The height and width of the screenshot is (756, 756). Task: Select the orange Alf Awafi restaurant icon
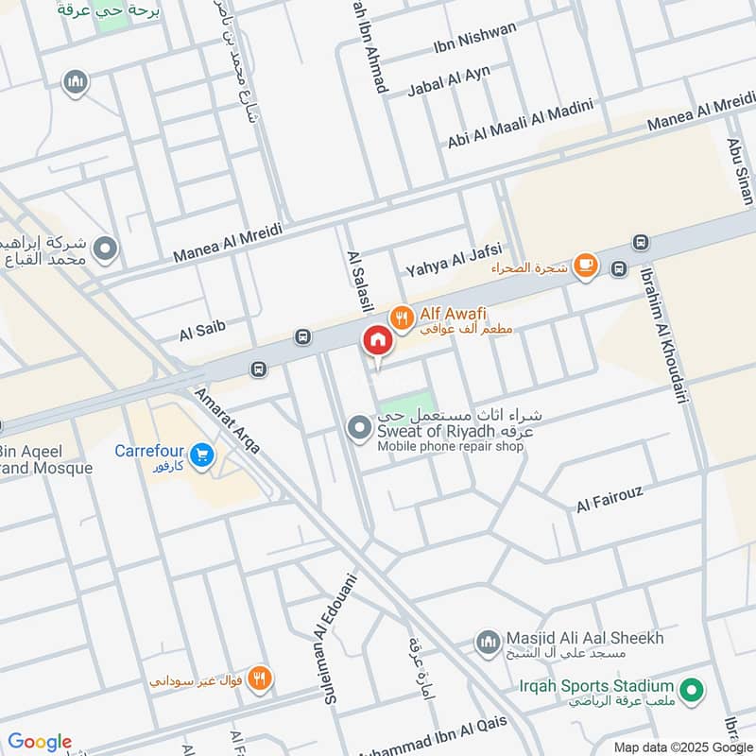click(403, 319)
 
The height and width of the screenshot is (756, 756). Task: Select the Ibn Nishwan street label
click(488, 36)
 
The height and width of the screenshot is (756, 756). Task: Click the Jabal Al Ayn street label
click(450, 77)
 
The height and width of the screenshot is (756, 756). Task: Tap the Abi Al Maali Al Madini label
click(520, 126)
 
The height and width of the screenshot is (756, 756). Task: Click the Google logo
click(39, 742)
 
